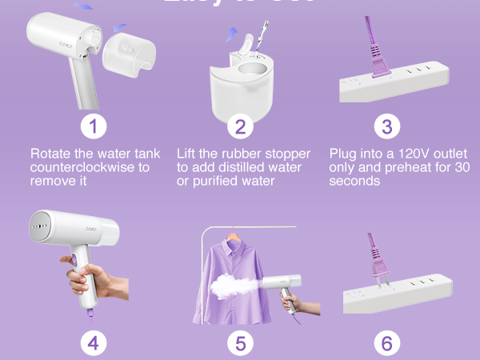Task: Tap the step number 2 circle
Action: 239,126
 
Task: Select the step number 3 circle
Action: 386,126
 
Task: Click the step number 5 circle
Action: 239,343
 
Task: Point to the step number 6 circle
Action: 386,343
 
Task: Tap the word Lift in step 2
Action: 186,152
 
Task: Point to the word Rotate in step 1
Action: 49,152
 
